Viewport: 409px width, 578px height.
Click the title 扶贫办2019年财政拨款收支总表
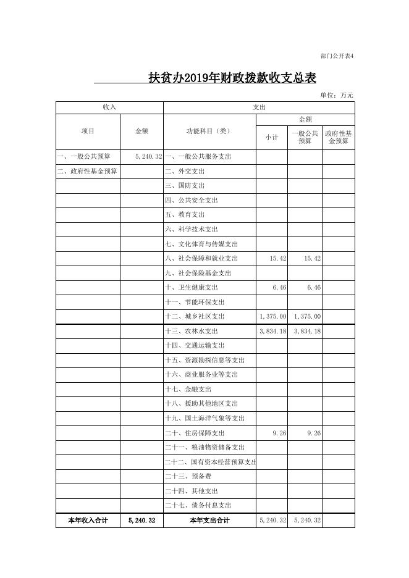click(x=232, y=78)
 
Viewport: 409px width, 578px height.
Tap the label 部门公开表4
click(x=337, y=56)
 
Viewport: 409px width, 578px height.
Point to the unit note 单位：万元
click(x=337, y=95)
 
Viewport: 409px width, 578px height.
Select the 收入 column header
click(x=109, y=107)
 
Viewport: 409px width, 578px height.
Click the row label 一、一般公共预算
click(x=83, y=157)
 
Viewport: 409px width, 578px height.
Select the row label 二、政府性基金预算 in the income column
click(x=87, y=171)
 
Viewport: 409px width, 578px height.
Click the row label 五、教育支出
click(x=185, y=215)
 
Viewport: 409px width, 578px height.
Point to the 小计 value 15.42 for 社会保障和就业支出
click(x=278, y=259)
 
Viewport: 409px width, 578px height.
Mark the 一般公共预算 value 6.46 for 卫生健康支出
click(x=314, y=288)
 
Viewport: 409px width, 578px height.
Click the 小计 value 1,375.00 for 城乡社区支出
click(x=273, y=317)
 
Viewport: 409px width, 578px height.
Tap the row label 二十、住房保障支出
click(x=195, y=433)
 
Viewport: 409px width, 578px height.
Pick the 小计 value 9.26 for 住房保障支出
click(x=279, y=433)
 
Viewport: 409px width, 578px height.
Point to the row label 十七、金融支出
click(x=188, y=390)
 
